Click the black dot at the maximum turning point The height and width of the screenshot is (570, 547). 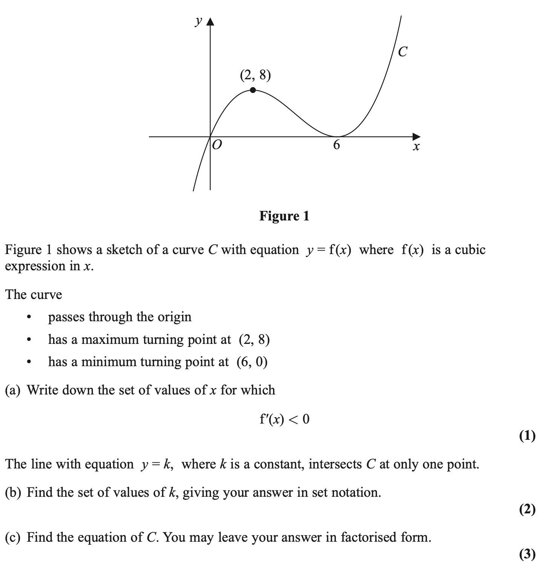coord(253,90)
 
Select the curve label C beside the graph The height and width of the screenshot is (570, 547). coord(403,52)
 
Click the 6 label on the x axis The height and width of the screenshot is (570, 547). coord(336,145)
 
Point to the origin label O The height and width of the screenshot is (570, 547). coord(217,145)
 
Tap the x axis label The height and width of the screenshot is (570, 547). coord(416,146)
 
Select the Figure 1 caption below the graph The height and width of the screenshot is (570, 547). coord(284,216)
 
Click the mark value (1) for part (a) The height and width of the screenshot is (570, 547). coord(527,436)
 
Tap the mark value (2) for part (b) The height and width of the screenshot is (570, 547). coord(527,510)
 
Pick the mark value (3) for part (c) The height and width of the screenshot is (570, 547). coord(527,554)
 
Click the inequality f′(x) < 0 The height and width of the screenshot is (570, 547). coord(284,419)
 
